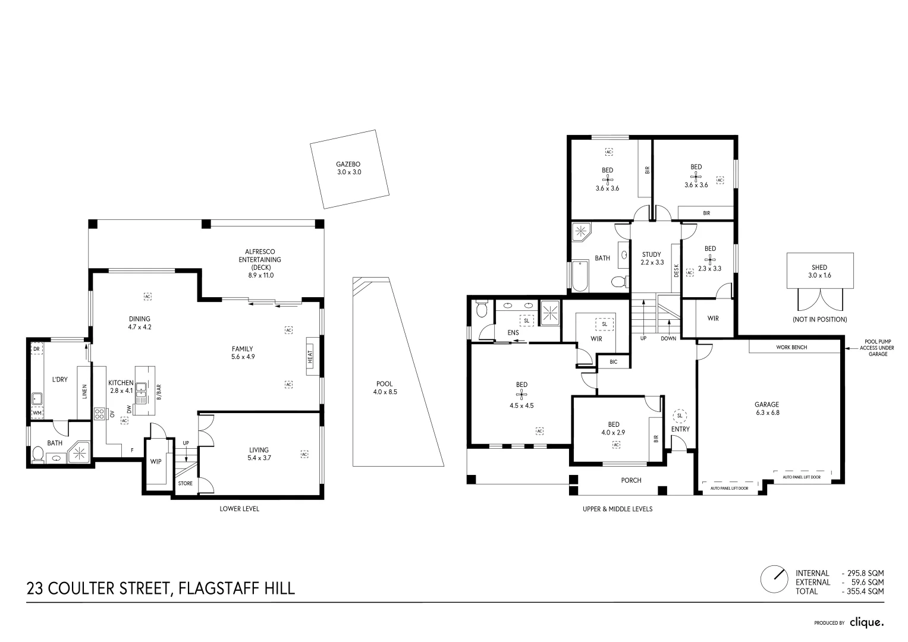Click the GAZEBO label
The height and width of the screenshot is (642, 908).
coord(348,164)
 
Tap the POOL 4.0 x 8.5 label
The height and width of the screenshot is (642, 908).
coord(385,388)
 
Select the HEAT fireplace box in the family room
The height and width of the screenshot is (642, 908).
coord(313,357)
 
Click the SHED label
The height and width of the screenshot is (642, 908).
coord(819,267)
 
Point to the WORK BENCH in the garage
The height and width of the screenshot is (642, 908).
coord(791,347)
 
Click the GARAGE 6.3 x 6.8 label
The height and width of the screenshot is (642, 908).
coord(767,408)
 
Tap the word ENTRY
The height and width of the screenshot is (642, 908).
coord(680,429)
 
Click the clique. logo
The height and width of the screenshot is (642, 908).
coord(866,622)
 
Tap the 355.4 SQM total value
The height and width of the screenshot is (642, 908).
coord(866,591)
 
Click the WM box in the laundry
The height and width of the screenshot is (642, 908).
coord(37,413)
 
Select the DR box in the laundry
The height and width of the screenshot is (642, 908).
coord(37,348)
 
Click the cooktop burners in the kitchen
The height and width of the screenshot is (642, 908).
coord(99,413)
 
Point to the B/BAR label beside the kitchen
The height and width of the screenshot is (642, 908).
coord(159,392)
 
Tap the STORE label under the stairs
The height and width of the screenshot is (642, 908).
coord(186,483)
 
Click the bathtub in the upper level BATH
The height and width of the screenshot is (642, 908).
coord(580,276)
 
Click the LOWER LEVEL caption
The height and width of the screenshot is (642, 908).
coord(239,509)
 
